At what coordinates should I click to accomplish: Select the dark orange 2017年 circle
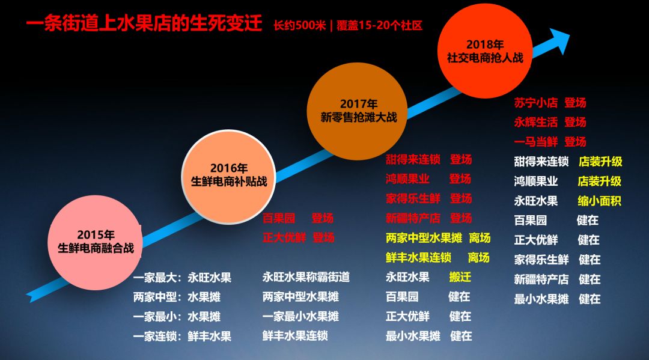click(359, 111)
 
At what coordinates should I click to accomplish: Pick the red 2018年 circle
click(485, 50)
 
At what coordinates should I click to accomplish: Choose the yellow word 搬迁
click(460, 277)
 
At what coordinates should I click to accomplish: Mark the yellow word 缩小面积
click(599, 201)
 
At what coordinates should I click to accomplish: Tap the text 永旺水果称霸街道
click(306, 277)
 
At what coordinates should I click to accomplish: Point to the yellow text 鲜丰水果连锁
click(418, 257)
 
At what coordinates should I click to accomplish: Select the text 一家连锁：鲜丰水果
click(182, 336)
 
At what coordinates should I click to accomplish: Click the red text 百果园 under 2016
click(279, 218)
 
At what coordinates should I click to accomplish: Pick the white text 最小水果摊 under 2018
click(541, 299)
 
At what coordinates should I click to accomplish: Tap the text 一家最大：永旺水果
click(182, 278)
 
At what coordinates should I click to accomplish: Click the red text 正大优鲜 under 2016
click(284, 237)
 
